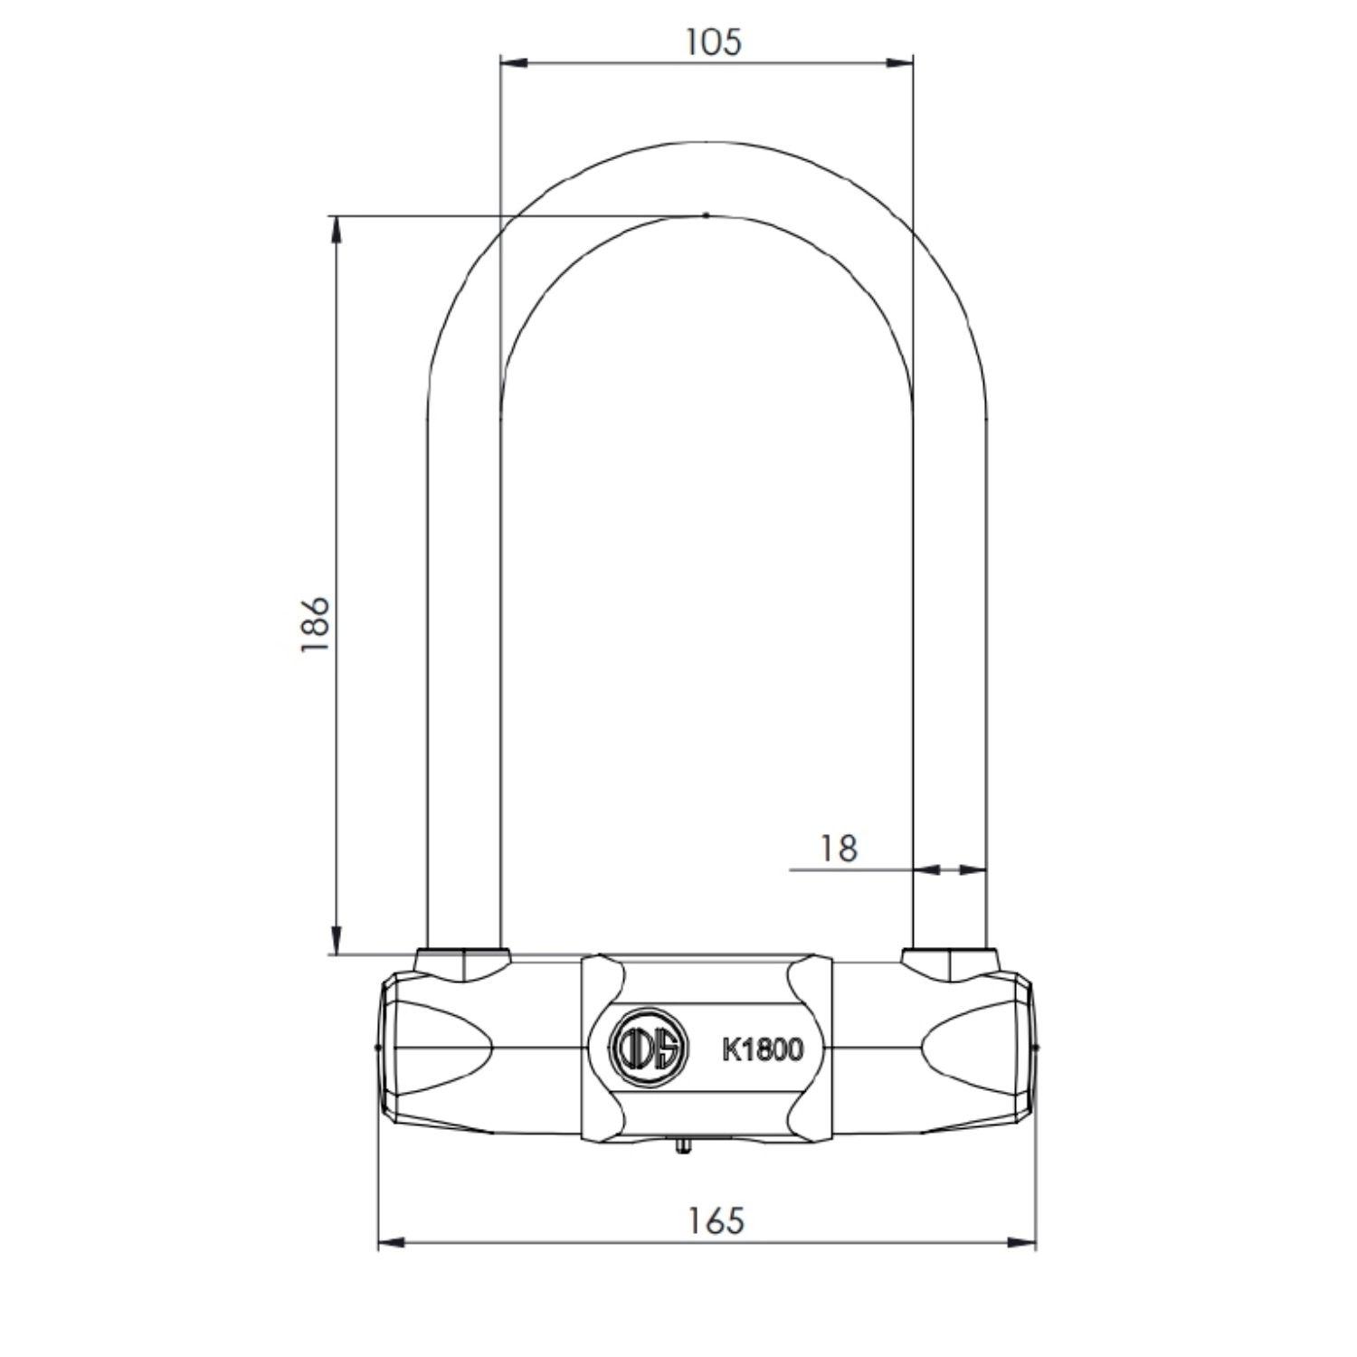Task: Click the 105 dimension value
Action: (711, 42)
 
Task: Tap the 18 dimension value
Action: (838, 849)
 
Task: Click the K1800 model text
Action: (762, 1049)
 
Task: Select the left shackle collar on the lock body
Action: (462, 964)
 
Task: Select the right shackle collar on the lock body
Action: (950, 964)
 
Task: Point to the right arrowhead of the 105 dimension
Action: (899, 63)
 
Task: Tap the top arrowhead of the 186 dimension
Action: (337, 230)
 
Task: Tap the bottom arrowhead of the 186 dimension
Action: (337, 941)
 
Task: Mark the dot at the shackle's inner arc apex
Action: (706, 215)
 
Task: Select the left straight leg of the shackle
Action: (462, 678)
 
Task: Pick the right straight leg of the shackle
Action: (950, 678)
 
